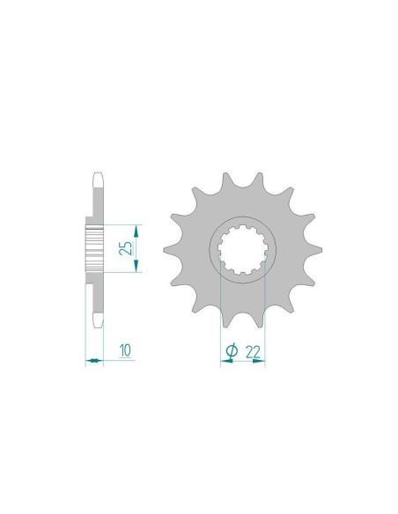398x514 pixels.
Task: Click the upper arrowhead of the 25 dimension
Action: (x=136, y=227)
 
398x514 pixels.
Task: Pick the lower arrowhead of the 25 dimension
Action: (x=136, y=268)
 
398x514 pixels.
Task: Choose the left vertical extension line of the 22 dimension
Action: (x=219, y=317)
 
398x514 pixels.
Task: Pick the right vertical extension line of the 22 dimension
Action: (x=265, y=317)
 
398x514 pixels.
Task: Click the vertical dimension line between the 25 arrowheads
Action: (x=136, y=247)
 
